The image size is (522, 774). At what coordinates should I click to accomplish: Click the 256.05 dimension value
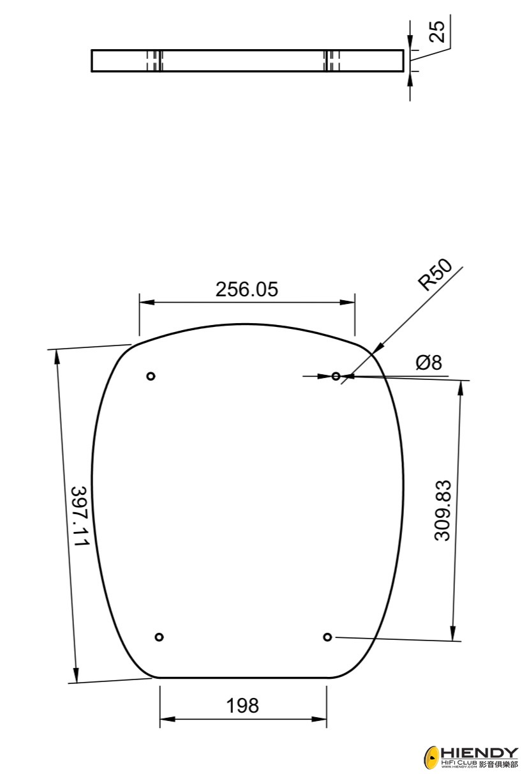point(246,289)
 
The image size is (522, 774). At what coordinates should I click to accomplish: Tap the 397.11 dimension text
point(80,516)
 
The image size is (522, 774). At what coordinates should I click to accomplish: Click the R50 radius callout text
point(435,275)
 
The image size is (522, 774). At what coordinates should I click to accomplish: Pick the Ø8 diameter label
point(428,363)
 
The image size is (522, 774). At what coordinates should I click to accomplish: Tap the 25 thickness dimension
point(436,32)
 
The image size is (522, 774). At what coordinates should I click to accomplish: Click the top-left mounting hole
point(151,376)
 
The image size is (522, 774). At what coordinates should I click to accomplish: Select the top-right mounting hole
point(336,376)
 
